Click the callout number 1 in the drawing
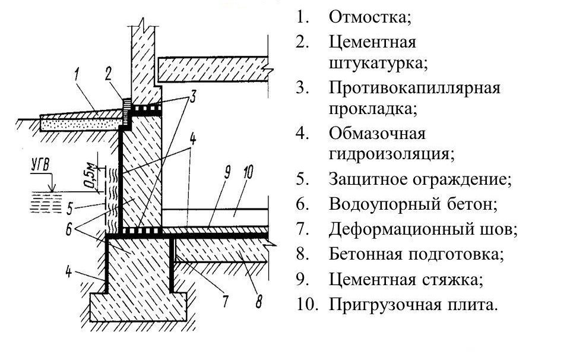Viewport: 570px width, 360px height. pyautogui.click(x=77, y=75)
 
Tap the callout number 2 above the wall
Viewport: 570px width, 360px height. pyautogui.click(x=108, y=74)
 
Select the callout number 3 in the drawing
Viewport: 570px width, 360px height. pyautogui.click(x=192, y=97)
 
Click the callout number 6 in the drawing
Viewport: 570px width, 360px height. pyautogui.click(x=68, y=229)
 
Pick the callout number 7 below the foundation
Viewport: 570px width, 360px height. pyautogui.click(x=226, y=301)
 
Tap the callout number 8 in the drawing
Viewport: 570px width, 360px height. pyautogui.click(x=258, y=301)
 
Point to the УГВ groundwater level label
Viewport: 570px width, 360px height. pyautogui.click(x=40, y=166)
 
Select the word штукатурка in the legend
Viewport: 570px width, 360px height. pyautogui.click(x=378, y=64)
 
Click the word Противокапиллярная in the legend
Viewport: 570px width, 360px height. pyautogui.click(x=415, y=89)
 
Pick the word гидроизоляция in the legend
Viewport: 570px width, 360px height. pyautogui.click(x=391, y=154)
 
